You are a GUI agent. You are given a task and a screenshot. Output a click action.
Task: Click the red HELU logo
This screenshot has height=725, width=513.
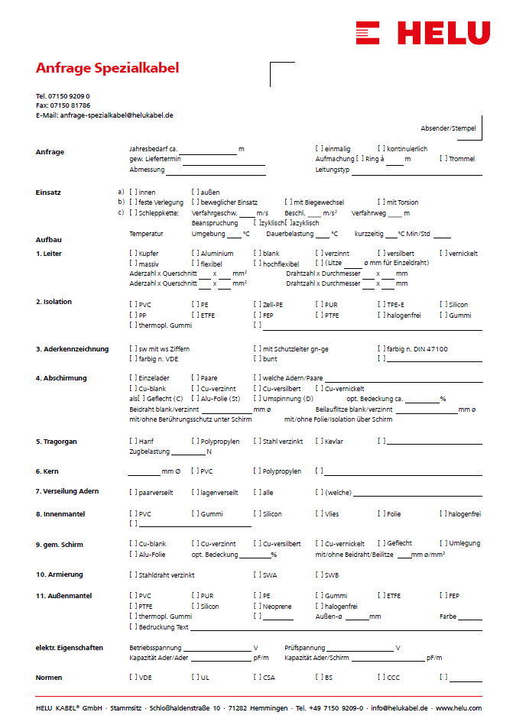coord(422,33)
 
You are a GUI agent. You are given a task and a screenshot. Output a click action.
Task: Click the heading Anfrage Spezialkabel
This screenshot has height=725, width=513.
coord(107,68)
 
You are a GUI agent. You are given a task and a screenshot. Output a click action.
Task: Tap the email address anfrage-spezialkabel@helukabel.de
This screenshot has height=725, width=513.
coord(116,115)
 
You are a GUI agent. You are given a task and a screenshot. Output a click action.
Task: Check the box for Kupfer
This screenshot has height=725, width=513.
coord(133,253)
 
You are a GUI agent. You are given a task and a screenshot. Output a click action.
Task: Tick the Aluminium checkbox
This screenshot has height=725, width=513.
coord(195,253)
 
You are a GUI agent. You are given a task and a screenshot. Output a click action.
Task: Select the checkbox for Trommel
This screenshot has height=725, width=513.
coord(443,159)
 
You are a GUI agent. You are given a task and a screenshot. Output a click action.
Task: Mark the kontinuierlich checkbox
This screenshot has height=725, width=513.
coord(381,148)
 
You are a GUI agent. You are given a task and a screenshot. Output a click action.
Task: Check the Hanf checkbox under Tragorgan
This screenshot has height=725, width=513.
coord(133,442)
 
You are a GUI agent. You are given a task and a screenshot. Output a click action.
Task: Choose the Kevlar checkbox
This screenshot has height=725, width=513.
coord(319,442)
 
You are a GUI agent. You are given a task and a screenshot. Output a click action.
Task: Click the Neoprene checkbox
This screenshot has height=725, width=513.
coord(257,606)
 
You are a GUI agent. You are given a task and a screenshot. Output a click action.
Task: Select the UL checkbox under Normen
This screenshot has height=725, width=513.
coord(195,678)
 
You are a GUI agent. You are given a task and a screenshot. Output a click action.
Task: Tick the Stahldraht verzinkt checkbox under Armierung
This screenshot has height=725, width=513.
coord(133,574)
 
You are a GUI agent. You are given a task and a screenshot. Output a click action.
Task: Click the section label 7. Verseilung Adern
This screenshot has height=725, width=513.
coord(67,491)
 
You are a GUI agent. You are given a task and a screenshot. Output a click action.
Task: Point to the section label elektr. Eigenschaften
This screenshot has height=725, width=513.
coord(69,648)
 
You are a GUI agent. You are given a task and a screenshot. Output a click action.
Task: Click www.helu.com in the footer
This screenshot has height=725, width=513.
coord(459,708)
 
